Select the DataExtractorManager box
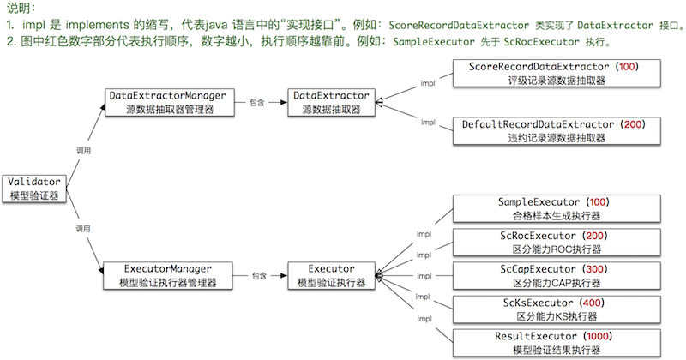167,101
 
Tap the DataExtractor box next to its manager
330,101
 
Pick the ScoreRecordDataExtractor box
553,73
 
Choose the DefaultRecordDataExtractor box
553,131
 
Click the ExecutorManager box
167,275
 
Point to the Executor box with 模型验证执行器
330,275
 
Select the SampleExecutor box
553,208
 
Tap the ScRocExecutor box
553,242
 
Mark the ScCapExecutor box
553,275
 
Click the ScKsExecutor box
553,309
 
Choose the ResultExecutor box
553,342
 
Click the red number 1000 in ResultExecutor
608,335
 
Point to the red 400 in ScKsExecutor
592,303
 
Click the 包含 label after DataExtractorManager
257,101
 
